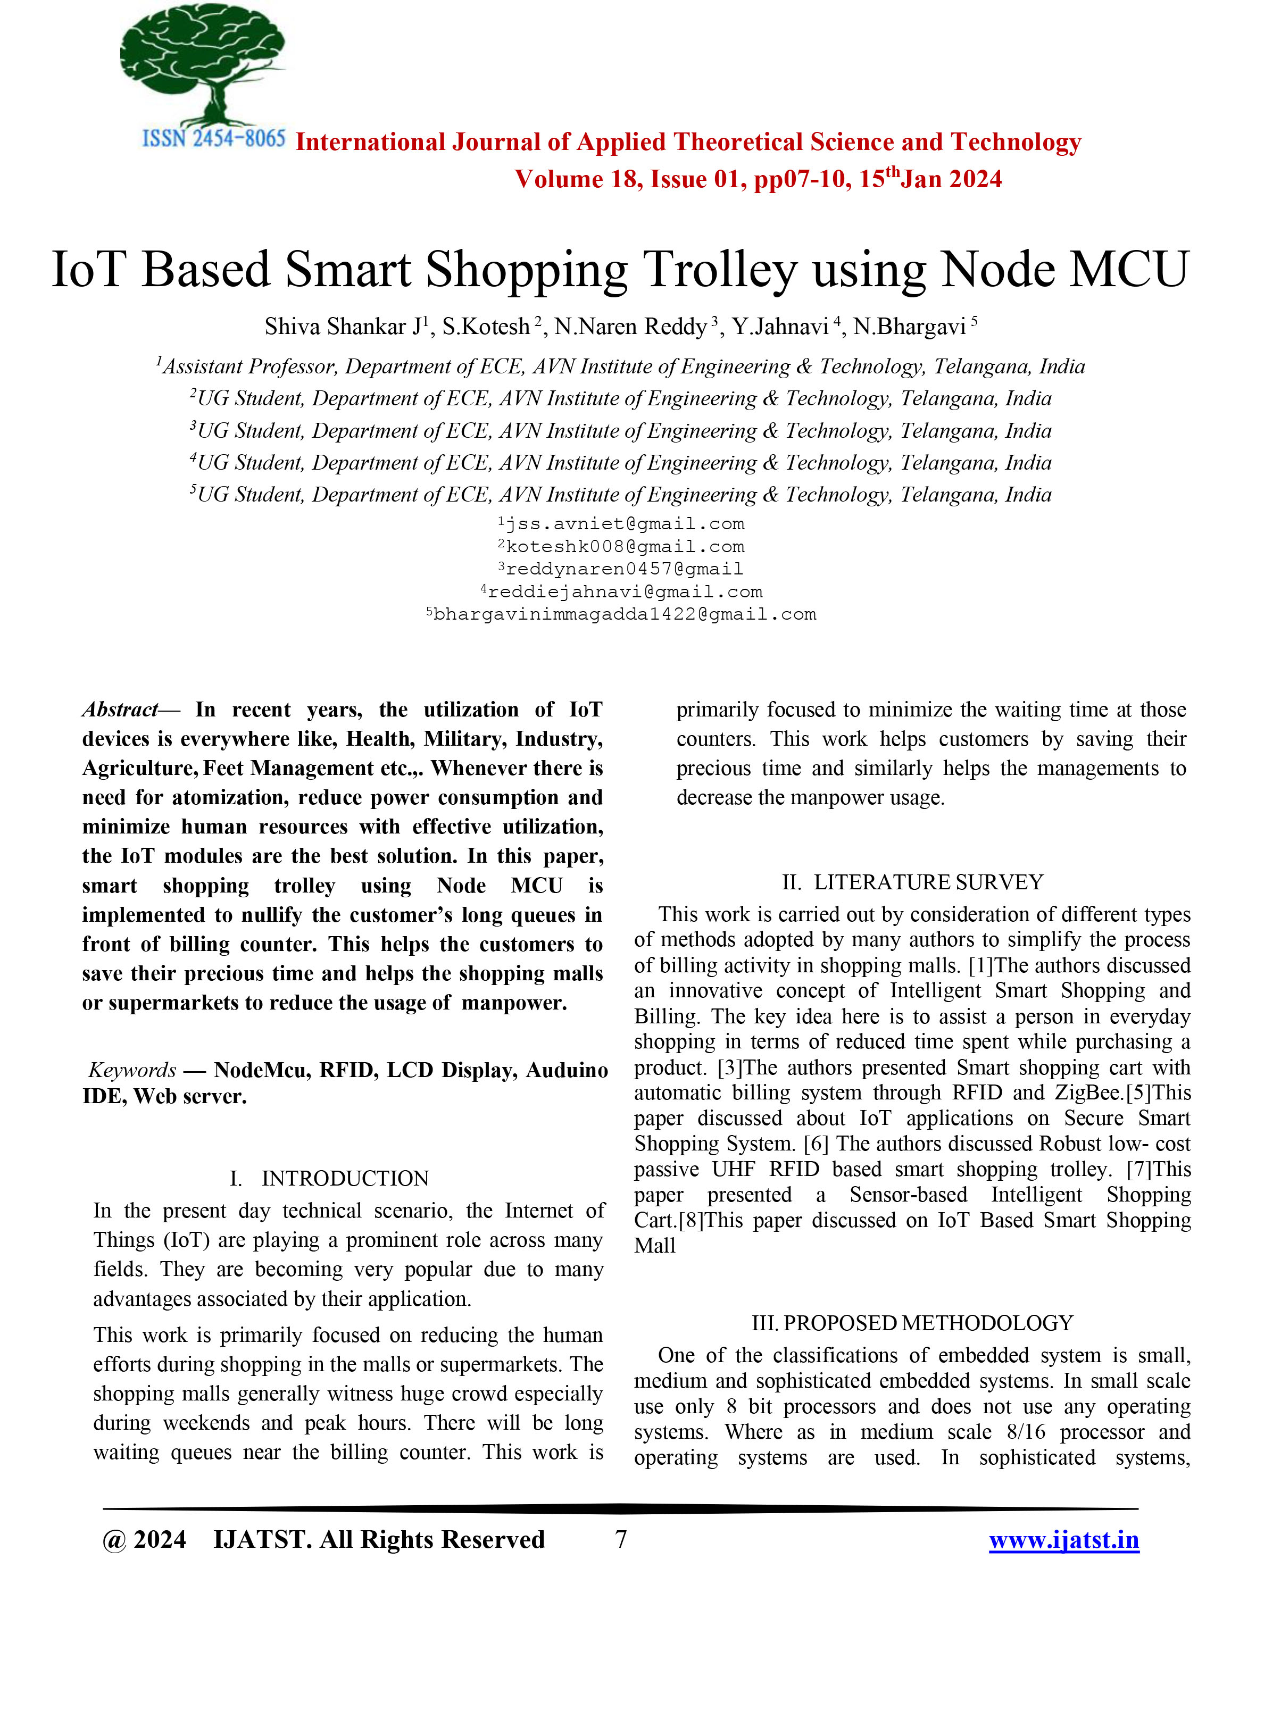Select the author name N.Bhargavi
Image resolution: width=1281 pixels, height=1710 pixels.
(x=909, y=327)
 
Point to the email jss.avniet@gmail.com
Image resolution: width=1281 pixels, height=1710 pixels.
(x=625, y=524)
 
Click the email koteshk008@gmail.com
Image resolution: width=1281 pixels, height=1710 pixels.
(x=625, y=547)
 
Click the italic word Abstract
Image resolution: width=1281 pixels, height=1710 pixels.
(x=119, y=710)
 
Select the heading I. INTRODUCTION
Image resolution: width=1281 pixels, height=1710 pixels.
(x=329, y=1178)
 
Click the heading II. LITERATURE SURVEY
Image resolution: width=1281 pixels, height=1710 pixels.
(x=912, y=882)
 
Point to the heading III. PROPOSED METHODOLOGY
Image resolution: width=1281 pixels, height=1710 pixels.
(x=912, y=1323)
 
